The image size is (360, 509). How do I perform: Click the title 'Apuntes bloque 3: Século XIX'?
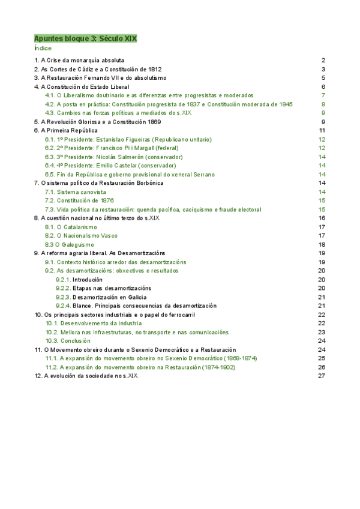(x=86, y=38)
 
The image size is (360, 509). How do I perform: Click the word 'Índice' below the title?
(x=43, y=48)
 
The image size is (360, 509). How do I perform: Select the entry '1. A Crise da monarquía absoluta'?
(x=79, y=61)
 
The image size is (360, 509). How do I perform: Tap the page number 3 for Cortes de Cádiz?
(x=323, y=69)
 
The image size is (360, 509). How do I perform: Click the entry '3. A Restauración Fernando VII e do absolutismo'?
(x=100, y=78)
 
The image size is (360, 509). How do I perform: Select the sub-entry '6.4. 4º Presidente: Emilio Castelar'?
(x=110, y=165)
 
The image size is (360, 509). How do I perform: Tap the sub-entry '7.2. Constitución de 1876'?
(x=79, y=200)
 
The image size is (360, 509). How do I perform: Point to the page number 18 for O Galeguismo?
(x=322, y=244)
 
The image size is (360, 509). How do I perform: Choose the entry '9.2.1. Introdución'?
(x=79, y=280)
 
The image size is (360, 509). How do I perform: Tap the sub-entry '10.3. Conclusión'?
(x=68, y=340)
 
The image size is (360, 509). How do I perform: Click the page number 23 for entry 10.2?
(x=322, y=332)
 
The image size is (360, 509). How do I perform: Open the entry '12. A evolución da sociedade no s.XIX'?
(x=86, y=376)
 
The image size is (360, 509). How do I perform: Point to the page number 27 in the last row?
(x=322, y=376)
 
